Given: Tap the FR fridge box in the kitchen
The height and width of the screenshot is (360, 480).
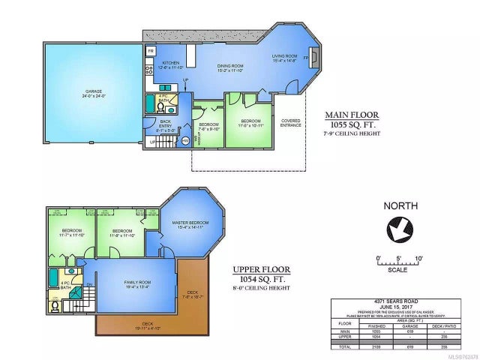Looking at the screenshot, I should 150,51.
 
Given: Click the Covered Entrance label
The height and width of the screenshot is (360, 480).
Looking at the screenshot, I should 292,122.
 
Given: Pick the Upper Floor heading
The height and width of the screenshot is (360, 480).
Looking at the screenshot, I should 261,268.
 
